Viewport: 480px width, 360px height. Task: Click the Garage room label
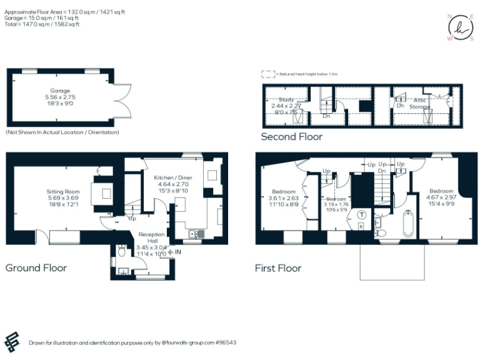(60, 91)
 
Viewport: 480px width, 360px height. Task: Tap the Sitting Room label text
(63, 191)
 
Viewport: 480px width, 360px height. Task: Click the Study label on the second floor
(286, 99)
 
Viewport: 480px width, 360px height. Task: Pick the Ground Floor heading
(36, 267)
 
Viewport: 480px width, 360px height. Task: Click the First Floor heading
(278, 268)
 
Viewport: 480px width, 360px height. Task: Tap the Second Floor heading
(291, 136)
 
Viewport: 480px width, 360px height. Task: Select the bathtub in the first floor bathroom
(408, 224)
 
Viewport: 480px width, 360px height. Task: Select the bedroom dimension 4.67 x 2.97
(441, 197)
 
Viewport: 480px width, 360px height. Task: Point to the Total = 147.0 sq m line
(37, 24)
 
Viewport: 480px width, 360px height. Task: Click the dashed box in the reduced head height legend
(268, 73)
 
